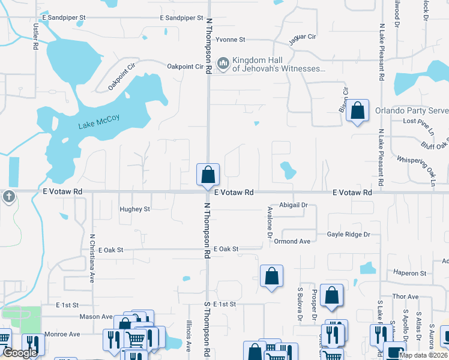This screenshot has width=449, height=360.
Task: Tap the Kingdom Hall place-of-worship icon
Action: click(224, 62)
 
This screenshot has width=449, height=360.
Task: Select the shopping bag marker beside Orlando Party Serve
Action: click(358, 111)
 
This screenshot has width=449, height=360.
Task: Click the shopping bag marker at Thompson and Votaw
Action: click(208, 175)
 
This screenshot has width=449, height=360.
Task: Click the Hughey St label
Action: click(134, 209)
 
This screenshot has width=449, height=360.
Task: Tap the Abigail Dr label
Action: click(292, 205)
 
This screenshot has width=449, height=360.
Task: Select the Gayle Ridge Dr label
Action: click(348, 235)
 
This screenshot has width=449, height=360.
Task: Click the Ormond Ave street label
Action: click(292, 241)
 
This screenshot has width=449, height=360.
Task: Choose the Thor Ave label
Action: click(405, 296)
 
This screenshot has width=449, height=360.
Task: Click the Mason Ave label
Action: click(96, 316)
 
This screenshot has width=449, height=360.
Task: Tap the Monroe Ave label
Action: click(65, 334)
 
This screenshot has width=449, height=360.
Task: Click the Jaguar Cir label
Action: click(303, 37)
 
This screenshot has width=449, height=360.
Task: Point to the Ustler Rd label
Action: click(36, 36)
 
